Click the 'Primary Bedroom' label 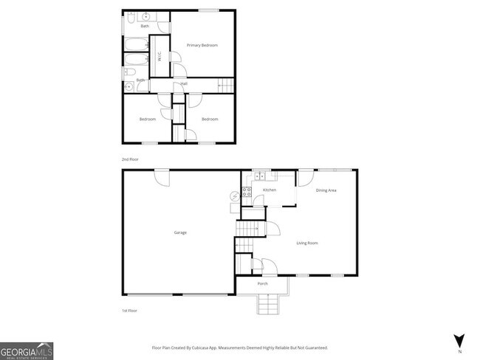pos(202,46)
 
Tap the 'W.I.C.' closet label pos(159,55)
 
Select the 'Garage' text pos(180,232)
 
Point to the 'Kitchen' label pos(270,190)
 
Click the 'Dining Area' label pos(326,191)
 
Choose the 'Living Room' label pos(306,243)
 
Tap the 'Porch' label pos(262,284)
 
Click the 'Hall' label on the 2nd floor pos(182,83)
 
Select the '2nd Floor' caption pos(130,159)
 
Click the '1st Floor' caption pos(129,311)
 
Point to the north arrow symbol pos(459,340)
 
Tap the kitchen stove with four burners pos(248,193)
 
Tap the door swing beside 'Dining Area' pos(305,177)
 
